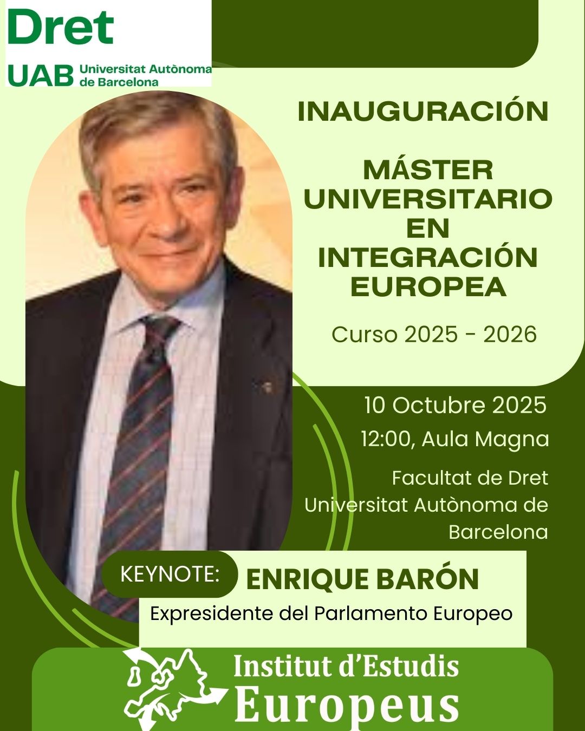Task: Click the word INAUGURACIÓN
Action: coord(423,112)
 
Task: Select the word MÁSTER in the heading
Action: coord(428,170)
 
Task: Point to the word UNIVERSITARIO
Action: coord(428,199)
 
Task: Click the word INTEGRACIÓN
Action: coord(427,257)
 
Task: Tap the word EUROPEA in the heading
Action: coord(428,286)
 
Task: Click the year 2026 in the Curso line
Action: coord(510,335)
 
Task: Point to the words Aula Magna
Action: coord(485,439)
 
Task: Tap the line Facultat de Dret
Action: coord(470,478)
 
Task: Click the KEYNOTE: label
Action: coord(170,574)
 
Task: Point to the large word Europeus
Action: coord(347,704)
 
